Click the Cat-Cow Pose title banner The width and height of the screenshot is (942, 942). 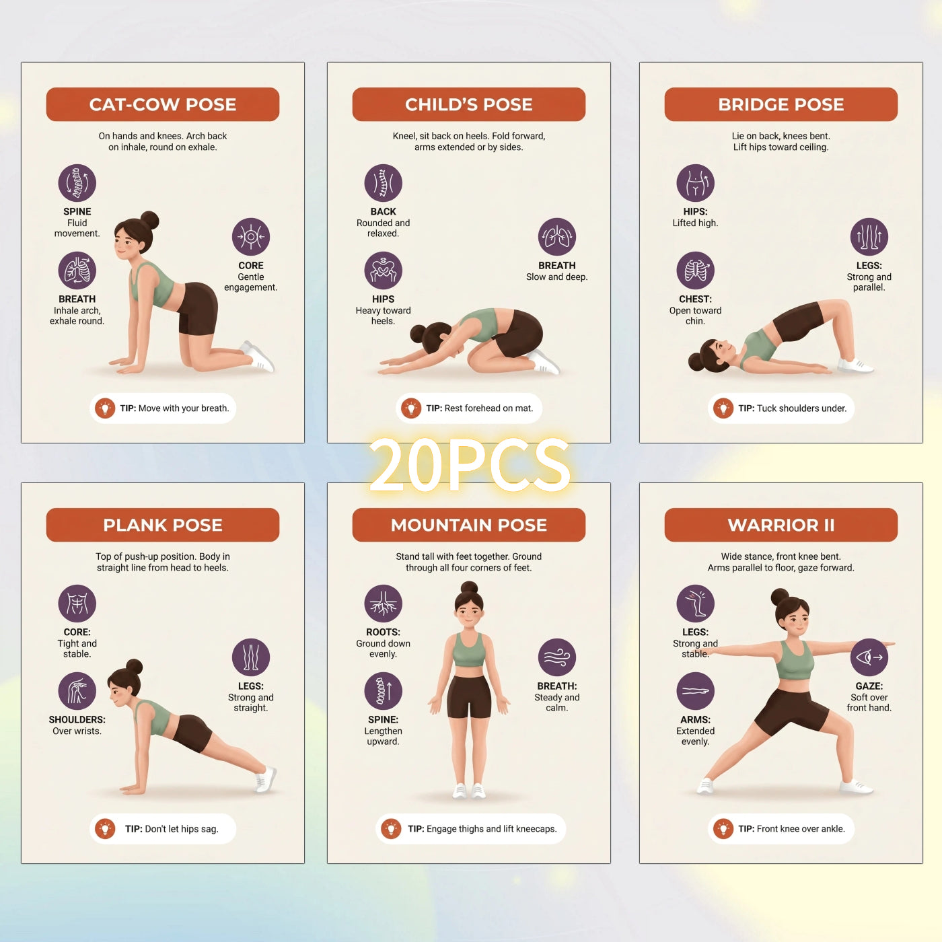163,104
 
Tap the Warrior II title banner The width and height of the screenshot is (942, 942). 781,525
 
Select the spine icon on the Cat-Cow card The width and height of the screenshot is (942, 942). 77,183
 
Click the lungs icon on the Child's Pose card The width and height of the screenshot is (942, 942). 557,237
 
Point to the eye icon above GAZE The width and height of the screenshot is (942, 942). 869,657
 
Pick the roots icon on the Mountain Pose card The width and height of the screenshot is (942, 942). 384,604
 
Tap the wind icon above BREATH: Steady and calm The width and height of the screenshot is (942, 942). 557,657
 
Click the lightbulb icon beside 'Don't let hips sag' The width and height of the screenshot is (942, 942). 105,828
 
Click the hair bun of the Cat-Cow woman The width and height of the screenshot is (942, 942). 149,221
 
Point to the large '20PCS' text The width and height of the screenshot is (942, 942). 469,464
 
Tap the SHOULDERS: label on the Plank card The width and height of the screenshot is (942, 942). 77,719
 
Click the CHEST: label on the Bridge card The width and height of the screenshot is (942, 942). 695,299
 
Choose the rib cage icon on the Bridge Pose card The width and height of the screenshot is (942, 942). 695,270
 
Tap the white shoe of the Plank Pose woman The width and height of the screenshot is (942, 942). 264,779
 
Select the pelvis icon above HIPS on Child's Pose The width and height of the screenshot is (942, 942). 384,270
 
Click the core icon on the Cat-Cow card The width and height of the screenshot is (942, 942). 251,237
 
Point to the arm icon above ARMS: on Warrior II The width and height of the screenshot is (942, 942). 695,691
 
